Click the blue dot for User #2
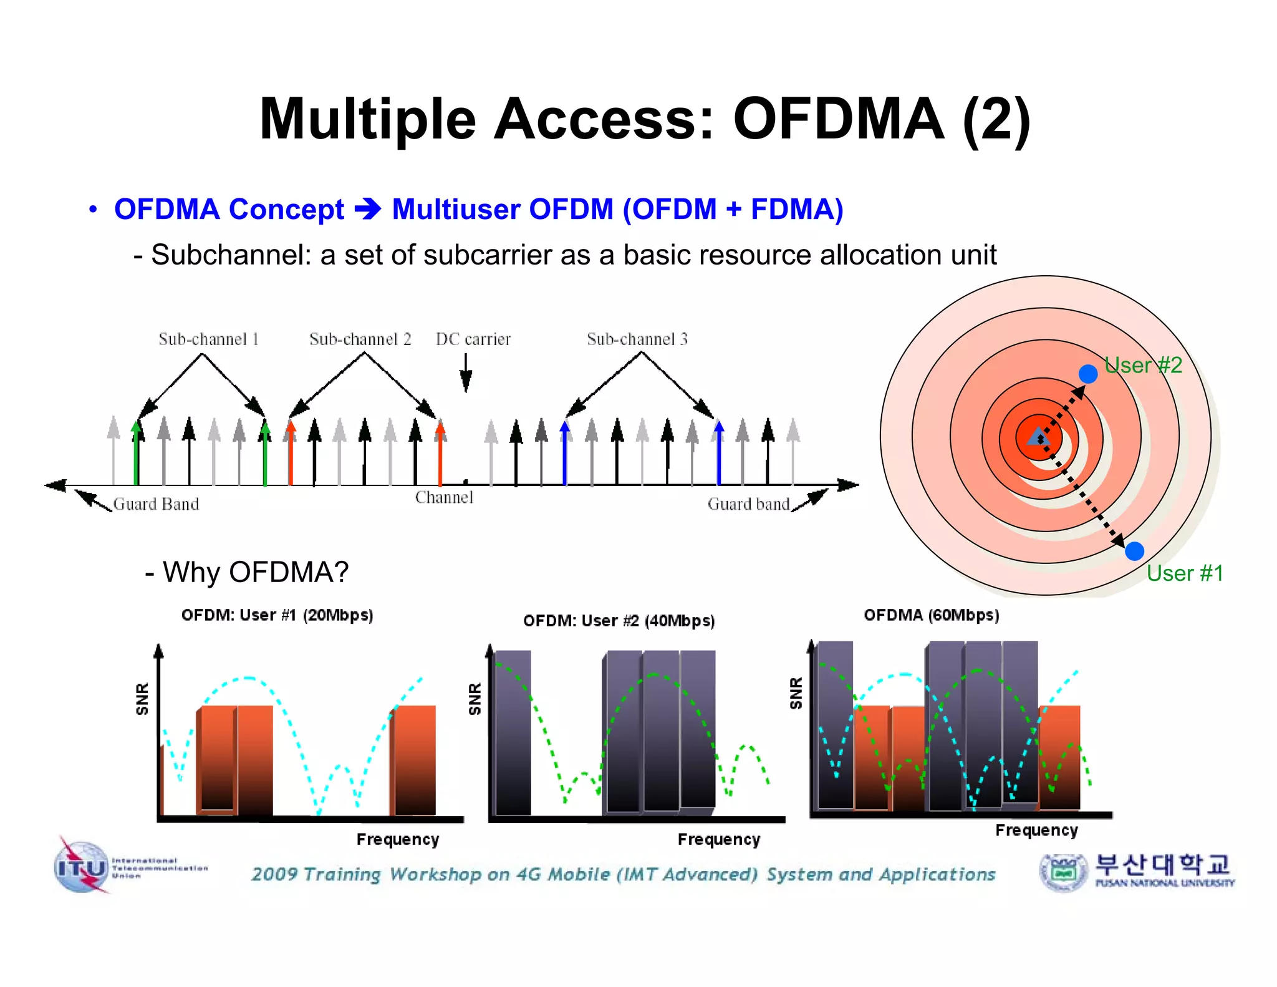tap(1088, 374)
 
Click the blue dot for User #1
tap(1134, 551)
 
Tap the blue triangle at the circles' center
tap(1038, 437)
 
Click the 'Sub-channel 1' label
tap(208, 339)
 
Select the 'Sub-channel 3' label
tap(637, 339)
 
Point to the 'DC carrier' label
tap(473, 339)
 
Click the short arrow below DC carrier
tap(466, 372)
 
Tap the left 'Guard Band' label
tap(156, 504)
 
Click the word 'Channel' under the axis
tap(444, 497)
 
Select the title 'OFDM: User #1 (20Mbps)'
tap(277, 615)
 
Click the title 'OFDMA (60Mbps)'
tap(931, 615)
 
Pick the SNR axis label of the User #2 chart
tap(475, 698)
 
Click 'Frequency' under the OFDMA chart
tap(1036, 830)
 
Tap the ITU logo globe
tap(82, 867)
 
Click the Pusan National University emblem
tap(1063, 872)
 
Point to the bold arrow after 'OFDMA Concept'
tap(368, 209)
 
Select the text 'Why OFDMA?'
tap(255, 571)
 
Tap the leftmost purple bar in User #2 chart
tap(513, 733)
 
